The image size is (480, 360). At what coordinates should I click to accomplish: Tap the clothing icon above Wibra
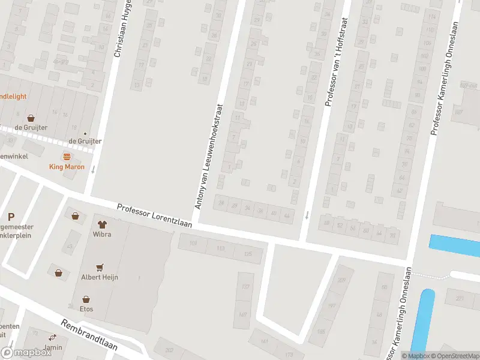101,224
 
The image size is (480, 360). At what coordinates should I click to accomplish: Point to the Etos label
86,309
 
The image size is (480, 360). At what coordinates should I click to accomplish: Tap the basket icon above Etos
86,299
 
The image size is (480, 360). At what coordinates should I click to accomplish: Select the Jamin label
53,347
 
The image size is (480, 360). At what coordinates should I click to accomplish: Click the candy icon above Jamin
53,337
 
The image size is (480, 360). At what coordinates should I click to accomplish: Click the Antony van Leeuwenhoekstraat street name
208,157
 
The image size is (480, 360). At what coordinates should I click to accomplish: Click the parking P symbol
11,217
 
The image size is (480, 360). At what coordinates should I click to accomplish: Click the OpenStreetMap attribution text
454,355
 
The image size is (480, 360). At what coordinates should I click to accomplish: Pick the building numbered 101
193,244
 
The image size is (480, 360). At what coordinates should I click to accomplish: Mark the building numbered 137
245,287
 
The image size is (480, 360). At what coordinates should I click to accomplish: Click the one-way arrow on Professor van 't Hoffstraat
307,215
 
